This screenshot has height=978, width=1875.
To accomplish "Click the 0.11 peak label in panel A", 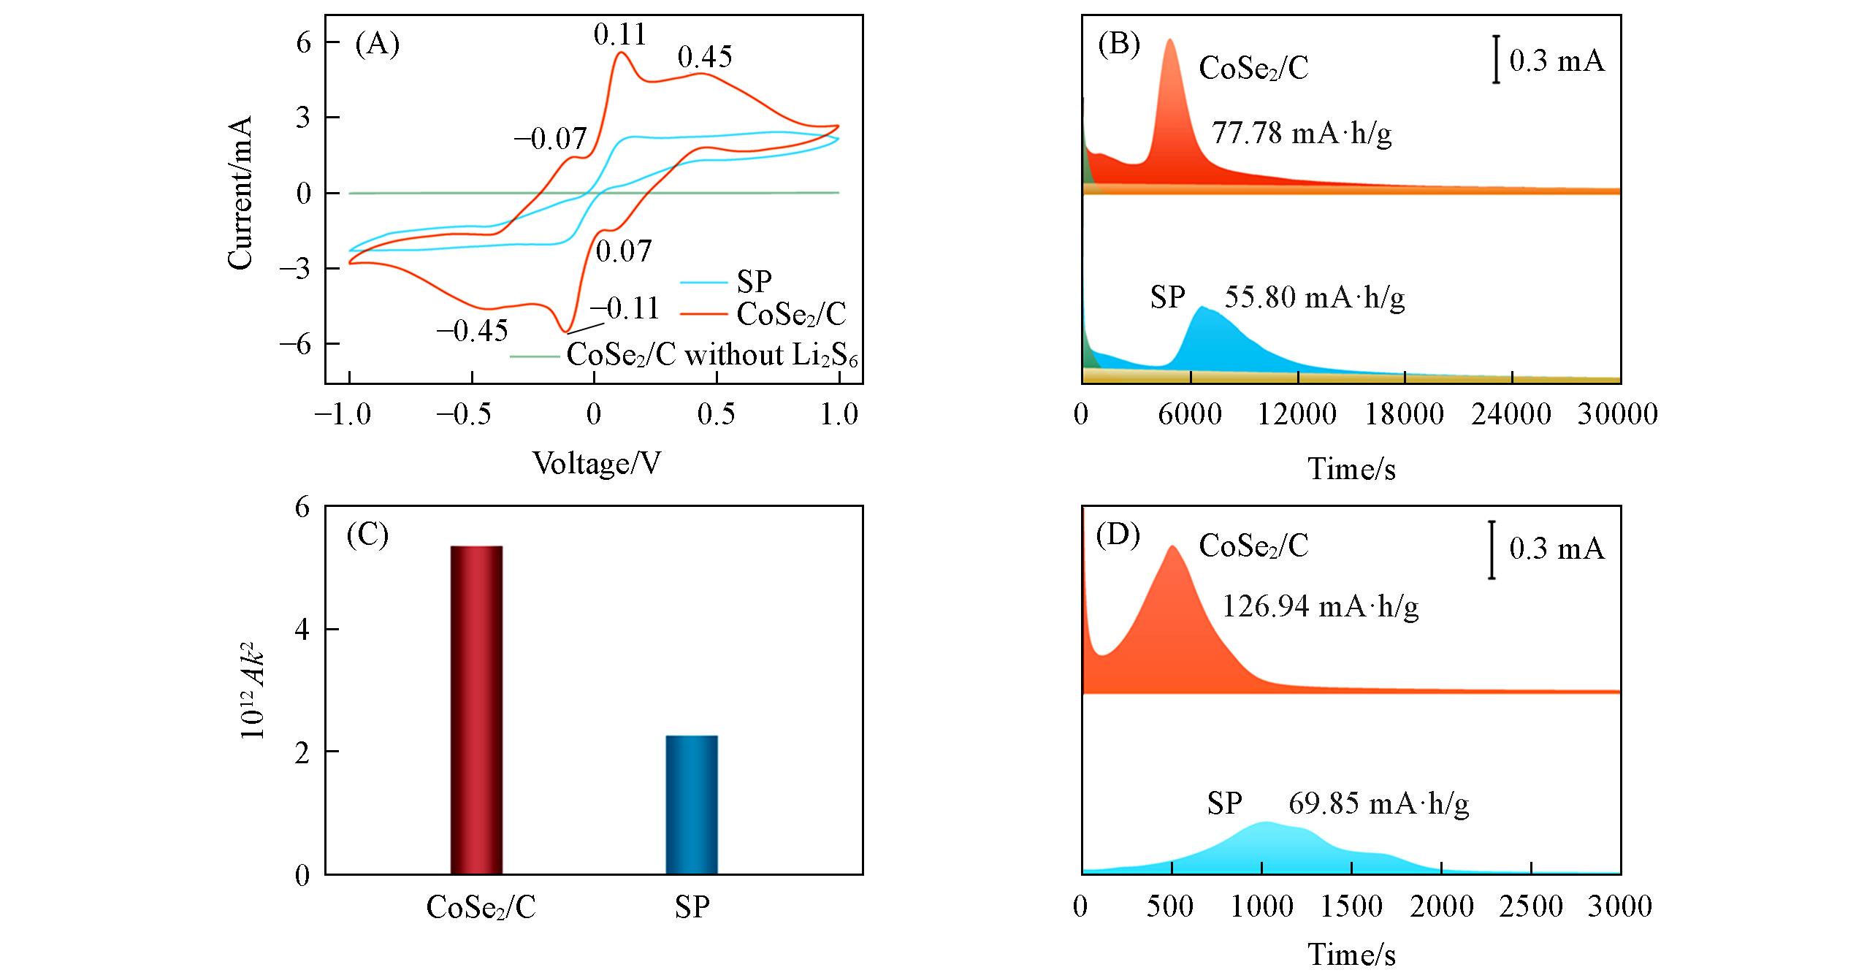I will click(620, 34).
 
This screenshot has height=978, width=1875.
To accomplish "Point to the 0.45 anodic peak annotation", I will click(704, 57).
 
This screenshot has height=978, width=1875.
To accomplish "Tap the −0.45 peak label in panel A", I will click(472, 331).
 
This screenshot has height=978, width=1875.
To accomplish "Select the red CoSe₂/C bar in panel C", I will click(476, 709).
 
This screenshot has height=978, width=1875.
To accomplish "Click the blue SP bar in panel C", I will click(692, 804).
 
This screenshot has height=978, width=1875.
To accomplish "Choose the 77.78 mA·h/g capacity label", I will click(1302, 134).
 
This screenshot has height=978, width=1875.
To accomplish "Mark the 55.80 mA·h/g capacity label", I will click(1314, 297).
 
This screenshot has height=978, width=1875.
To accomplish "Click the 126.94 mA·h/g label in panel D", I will click(1320, 606).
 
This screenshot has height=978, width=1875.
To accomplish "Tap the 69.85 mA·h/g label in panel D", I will click(1378, 803).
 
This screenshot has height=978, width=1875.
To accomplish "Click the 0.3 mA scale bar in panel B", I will click(1496, 58).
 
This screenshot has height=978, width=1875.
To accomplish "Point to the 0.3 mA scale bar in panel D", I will click(1492, 549).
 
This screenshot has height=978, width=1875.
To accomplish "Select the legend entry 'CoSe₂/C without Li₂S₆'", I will click(712, 356).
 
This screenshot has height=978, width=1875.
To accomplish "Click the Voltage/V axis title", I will click(597, 463).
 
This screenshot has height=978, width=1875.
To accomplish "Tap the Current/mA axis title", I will click(240, 193).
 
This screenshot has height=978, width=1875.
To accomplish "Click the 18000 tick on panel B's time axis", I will click(1405, 414).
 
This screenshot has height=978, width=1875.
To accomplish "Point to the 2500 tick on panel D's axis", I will click(1532, 906).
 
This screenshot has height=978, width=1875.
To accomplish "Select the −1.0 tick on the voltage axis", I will click(343, 414).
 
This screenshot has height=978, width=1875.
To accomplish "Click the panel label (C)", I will click(367, 535).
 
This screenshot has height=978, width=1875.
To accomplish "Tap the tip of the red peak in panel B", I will click(1170, 40).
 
